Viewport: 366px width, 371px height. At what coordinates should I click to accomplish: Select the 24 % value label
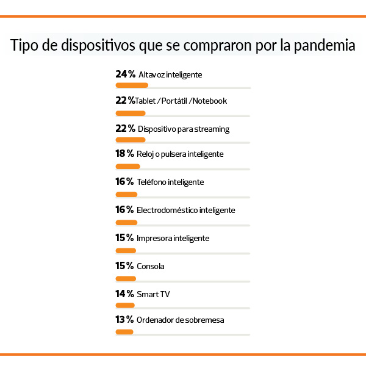125,74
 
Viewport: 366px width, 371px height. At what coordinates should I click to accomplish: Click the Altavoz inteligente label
170,74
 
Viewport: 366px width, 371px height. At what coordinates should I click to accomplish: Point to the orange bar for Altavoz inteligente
132,86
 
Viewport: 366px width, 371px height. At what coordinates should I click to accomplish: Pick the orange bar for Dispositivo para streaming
131,140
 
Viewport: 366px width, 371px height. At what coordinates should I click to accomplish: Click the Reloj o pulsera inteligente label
181,154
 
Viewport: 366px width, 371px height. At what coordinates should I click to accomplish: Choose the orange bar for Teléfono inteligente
126,195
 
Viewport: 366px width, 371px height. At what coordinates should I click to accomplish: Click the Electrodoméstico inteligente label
186,210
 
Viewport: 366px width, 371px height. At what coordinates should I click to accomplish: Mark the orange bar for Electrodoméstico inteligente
126,222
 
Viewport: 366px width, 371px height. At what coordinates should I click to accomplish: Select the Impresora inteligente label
174,238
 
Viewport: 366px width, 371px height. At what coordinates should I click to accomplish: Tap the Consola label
151,266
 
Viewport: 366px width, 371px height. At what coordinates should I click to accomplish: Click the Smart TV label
154,294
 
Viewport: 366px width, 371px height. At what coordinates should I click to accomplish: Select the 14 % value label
124,294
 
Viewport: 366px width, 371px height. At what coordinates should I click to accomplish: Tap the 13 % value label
124,320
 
